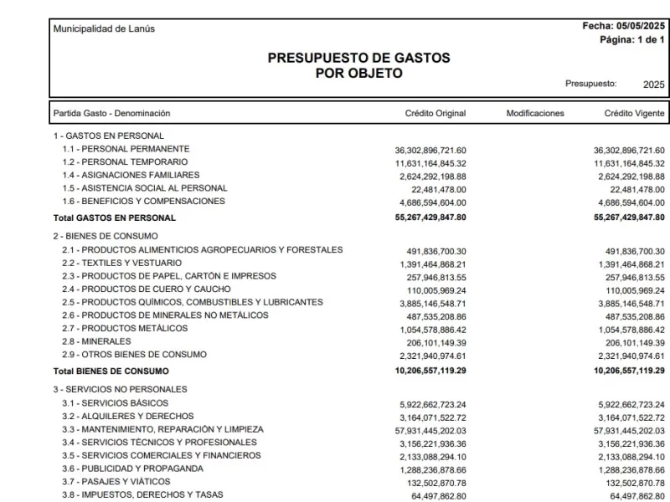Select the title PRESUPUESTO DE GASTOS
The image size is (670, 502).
coord(358,59)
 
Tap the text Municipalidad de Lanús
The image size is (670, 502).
coord(104,29)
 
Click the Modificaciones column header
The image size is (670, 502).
coord(535,113)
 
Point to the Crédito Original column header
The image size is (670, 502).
coord(435,113)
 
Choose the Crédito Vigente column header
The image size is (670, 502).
coord(634,113)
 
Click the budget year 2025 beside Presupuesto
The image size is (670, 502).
coord(653,85)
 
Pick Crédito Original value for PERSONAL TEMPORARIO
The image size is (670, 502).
coord(430,163)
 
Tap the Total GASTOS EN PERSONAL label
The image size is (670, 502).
coord(115,218)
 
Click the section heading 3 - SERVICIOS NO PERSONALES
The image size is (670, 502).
coord(121,389)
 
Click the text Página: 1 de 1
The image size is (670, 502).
coord(632,40)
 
